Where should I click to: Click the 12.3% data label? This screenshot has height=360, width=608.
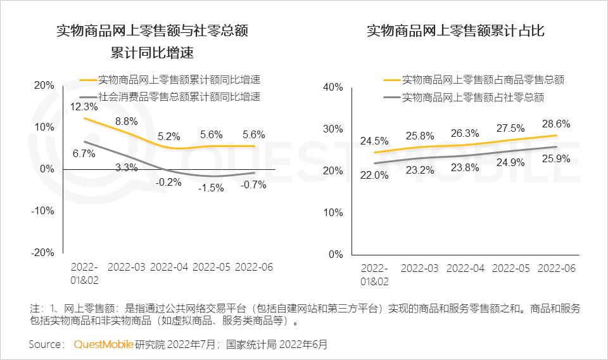(x=84, y=106)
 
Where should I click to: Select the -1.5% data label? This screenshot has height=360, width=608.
(x=212, y=188)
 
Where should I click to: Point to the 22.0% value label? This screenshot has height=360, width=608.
(x=374, y=176)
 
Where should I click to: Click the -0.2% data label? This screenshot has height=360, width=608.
(x=169, y=182)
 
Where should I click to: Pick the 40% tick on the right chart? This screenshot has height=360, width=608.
(x=332, y=87)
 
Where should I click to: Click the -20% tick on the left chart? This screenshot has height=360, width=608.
(x=43, y=252)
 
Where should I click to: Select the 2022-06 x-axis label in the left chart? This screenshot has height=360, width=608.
(x=253, y=267)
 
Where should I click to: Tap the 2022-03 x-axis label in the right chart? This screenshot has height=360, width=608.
(x=420, y=268)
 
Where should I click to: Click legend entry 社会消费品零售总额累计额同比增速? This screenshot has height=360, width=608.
(x=179, y=97)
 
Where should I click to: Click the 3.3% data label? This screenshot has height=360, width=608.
(x=127, y=168)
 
